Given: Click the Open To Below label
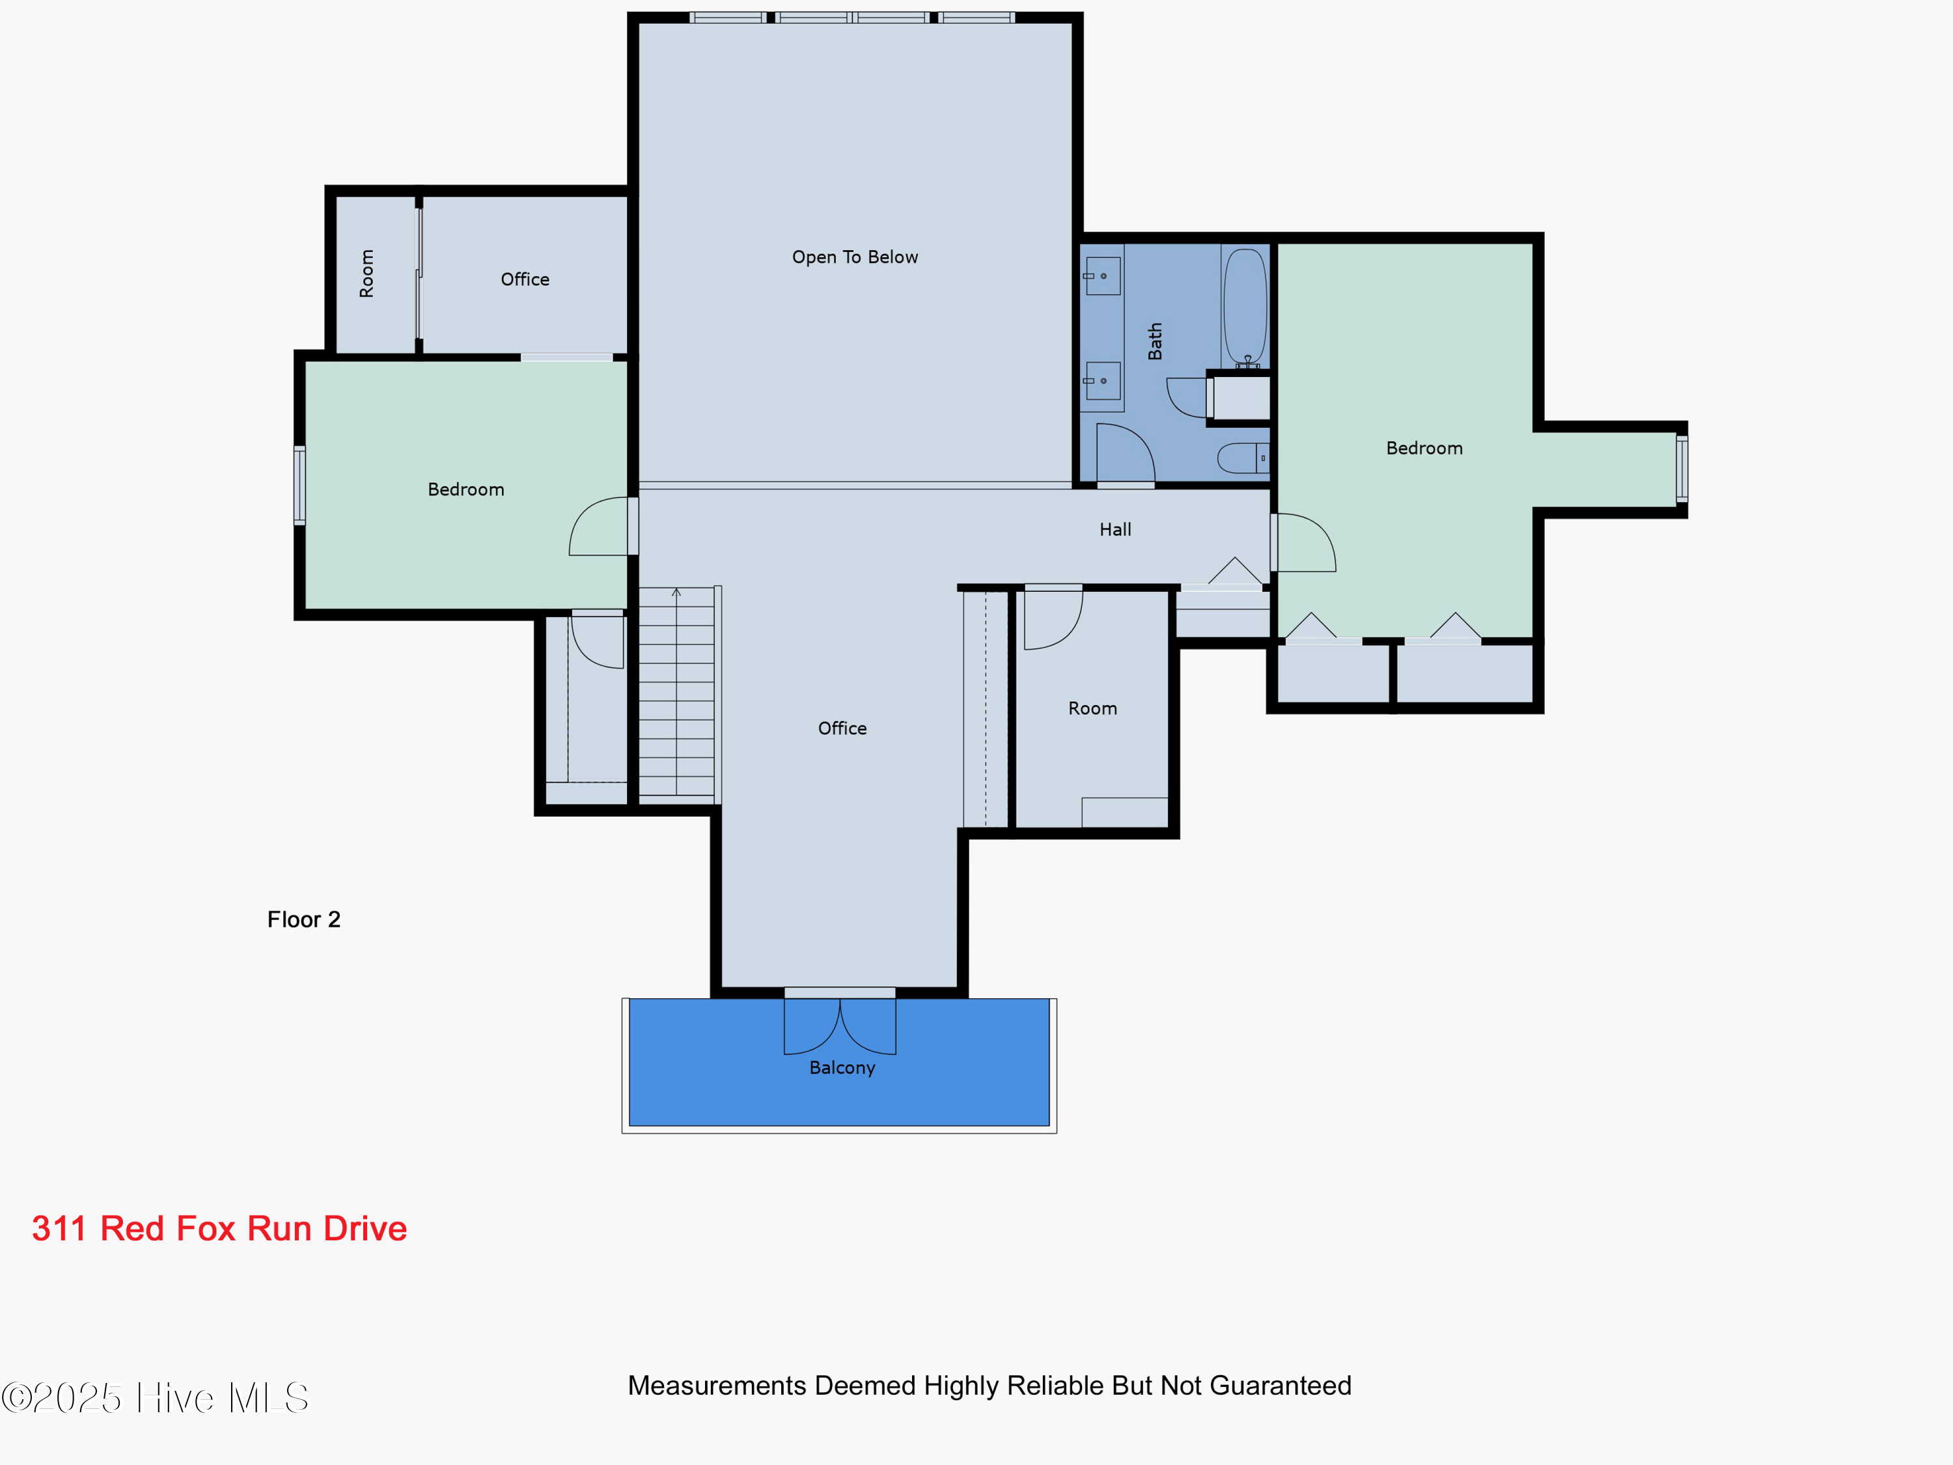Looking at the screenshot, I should tap(855, 257).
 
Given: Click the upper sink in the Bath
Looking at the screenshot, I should tap(1103, 277).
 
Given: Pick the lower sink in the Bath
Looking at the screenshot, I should tap(1103, 381).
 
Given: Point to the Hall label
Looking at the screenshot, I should tap(1115, 530).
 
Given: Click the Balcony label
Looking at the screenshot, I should tap(842, 1068).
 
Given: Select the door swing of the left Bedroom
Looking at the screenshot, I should tap(600, 528).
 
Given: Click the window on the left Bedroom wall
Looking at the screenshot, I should tap(300, 486).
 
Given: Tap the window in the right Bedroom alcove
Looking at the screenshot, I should tap(1682, 469).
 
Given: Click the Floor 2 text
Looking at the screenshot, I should tap(304, 920).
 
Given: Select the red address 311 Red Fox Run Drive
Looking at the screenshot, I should tap(219, 1229).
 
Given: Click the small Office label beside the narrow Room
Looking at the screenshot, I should tap(525, 280).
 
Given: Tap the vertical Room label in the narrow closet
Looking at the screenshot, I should tap(367, 273).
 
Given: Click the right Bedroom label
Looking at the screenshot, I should tap(1424, 449).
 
